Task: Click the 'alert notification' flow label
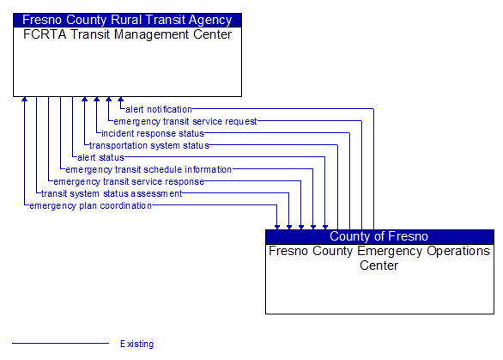pos(159,109)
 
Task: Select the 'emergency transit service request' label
pos(185,121)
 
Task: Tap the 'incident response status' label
pos(153,133)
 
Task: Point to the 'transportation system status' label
pos(149,145)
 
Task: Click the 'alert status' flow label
pos(100,157)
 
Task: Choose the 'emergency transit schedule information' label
pos(148,169)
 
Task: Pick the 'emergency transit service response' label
pos(129,181)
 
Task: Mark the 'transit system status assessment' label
pos(112,193)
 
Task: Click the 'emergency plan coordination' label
pos(90,205)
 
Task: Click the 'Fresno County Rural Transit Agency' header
pos(127,20)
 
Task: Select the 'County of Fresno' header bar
pos(379,236)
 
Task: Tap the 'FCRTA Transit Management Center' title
pos(127,34)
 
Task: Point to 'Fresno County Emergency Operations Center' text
pos(379,258)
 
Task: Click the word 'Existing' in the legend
pos(137,344)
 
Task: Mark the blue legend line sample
pos(60,344)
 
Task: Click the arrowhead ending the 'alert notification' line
pos(121,100)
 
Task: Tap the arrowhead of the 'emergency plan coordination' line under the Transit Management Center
pos(25,100)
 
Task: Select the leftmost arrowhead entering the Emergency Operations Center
pos(277,226)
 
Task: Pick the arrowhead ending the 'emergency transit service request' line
pos(109,100)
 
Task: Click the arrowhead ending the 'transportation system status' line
pos(85,100)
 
